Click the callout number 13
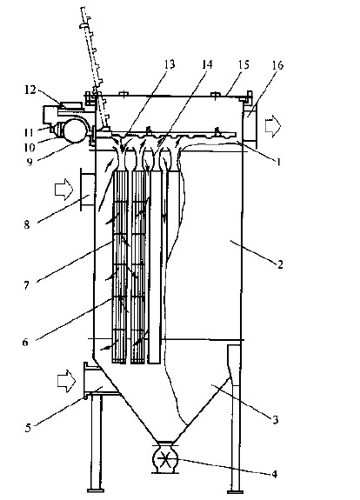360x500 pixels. [x=170, y=64]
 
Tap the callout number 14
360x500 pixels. [x=207, y=64]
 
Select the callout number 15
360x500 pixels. [x=243, y=64]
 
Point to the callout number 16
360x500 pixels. [x=277, y=65]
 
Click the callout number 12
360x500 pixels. [x=30, y=90]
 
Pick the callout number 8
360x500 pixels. [x=27, y=225]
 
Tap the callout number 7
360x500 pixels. [x=26, y=285]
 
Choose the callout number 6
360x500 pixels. [x=25, y=342]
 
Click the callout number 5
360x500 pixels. [x=28, y=428]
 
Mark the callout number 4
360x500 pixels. [x=275, y=474]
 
